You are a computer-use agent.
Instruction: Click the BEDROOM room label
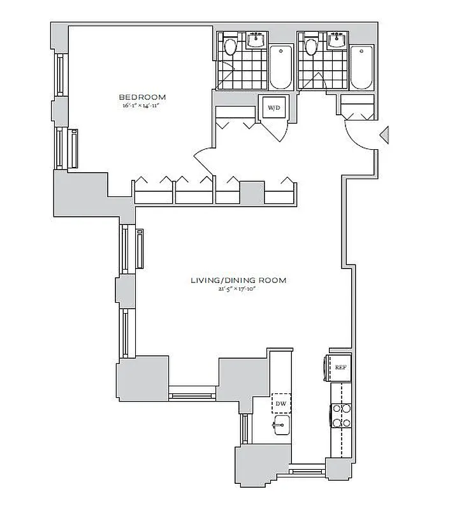pos(142,97)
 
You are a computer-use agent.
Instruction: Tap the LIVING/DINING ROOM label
pos(238,280)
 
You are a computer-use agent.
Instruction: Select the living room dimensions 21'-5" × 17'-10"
pos(238,289)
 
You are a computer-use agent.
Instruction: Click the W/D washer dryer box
pos(273,108)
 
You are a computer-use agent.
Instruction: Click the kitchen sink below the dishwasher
pos(279,426)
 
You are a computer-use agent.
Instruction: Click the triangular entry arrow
pos(384,135)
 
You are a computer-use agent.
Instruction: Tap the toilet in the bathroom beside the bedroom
pos(230,47)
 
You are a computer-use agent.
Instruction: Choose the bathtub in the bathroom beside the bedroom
pos(280,68)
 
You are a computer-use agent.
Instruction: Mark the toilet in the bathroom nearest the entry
pos(311,47)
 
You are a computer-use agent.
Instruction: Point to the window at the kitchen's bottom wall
pos(307,472)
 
